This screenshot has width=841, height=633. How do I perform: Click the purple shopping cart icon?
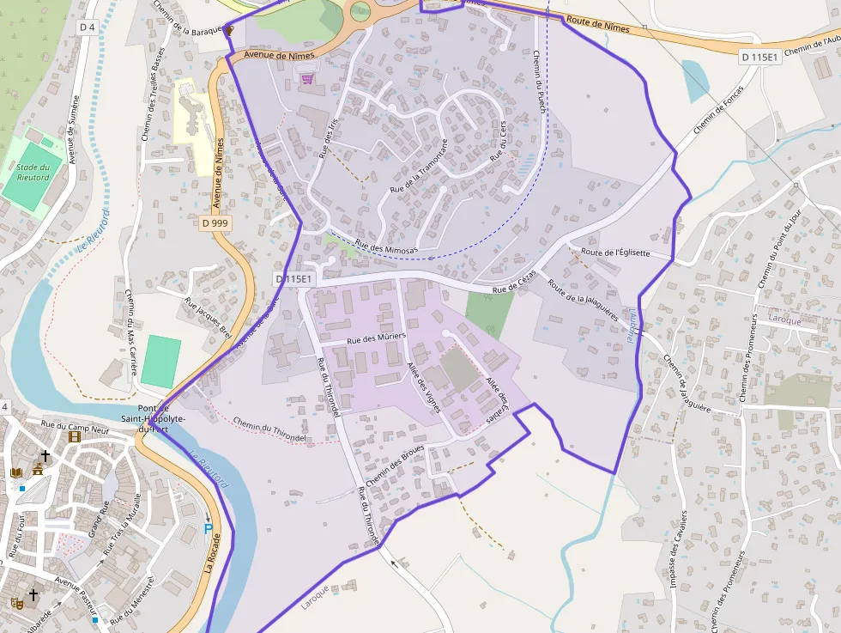pos(307,78)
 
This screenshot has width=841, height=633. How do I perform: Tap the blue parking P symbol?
pos(208,527)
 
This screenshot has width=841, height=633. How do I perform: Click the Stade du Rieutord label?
pos(32,172)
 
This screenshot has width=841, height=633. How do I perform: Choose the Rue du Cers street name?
pos(499,143)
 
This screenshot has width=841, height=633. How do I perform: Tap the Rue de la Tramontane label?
pos(420,165)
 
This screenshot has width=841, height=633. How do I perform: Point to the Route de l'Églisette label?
pos(615,253)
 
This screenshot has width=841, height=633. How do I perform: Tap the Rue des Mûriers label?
pos(375,339)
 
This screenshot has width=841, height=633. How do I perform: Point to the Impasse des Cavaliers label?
pos(679,550)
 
